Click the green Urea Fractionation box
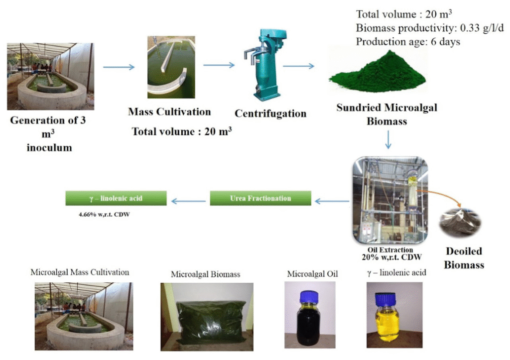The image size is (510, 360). [260, 198]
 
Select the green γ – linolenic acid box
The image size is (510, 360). [116, 198]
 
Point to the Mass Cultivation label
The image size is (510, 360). [169, 112]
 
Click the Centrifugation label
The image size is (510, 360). [270, 114]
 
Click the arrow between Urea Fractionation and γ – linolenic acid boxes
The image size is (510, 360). [188, 201]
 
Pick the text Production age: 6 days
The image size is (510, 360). [408, 42]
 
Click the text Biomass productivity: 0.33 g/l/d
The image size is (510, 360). [423, 28]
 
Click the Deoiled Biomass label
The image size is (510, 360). [464, 258]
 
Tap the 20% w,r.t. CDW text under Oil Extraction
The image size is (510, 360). [385, 257]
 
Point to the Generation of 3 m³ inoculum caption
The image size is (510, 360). [48, 134]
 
